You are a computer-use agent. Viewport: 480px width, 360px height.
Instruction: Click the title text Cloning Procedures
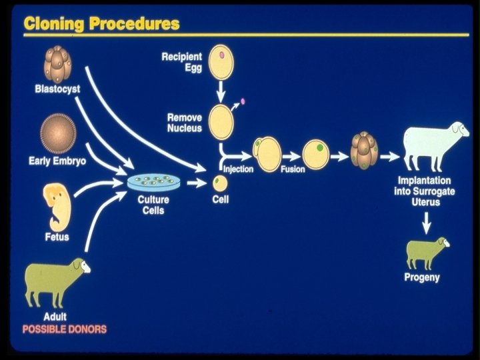coord(101,23)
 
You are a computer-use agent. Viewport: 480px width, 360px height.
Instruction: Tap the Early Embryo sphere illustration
coord(58,133)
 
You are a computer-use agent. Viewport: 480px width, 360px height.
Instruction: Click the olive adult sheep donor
coord(55,279)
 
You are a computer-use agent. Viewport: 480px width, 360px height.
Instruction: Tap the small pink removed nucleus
coord(243,101)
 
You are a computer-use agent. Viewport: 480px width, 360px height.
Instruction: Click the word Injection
coord(238,169)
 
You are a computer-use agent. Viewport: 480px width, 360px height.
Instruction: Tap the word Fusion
coord(293,169)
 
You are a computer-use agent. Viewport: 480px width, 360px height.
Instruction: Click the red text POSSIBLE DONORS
coord(65,329)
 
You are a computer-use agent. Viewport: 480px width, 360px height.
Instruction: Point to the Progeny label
coord(422,277)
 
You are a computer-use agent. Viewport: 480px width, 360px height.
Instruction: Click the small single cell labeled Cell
coord(220,181)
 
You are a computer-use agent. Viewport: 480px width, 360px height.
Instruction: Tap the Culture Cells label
coord(153,205)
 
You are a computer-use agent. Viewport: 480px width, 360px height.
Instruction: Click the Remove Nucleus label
coord(184,123)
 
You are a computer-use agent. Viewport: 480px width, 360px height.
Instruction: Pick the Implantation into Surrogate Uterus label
coord(424,191)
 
